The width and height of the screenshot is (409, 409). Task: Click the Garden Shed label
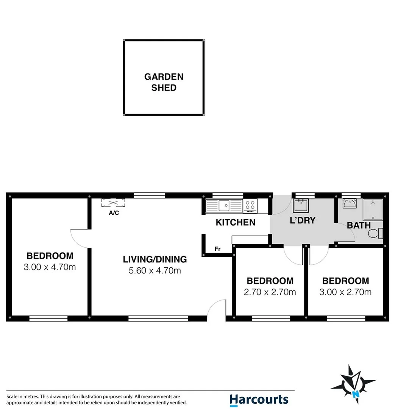coord(164,82)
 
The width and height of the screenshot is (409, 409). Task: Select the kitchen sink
coord(224,206)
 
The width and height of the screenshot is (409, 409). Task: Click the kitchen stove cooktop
coord(250,205)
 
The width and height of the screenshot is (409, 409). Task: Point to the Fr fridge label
coord(217,249)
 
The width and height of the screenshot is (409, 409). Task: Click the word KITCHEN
coord(236,223)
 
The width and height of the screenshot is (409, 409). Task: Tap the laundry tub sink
coord(301,206)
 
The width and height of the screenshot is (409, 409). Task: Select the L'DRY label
coord(302,220)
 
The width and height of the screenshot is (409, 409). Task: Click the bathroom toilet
coord(376,234)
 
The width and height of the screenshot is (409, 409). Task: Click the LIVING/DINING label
coord(155,259)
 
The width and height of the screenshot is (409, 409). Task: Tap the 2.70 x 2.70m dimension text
coord(270,292)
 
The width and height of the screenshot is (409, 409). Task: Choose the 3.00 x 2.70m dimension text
coord(345,292)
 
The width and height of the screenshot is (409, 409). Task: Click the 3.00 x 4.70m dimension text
coord(50,267)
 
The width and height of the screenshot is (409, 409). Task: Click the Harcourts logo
coord(259,400)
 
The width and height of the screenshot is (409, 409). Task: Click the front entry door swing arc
coord(217,307)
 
